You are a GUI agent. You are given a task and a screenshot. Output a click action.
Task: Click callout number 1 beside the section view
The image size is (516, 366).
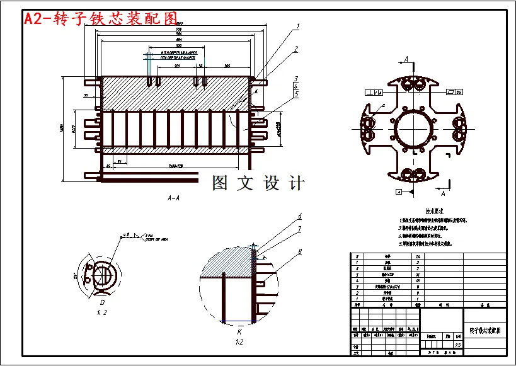[297, 27]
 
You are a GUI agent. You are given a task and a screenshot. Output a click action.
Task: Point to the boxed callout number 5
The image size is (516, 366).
[295, 94]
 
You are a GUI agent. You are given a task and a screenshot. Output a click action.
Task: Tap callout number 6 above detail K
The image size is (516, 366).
[300, 216]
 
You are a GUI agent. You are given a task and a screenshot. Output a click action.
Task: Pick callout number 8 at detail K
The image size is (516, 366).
[300, 251]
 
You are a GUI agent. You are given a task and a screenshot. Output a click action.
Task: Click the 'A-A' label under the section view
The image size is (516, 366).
[173, 197]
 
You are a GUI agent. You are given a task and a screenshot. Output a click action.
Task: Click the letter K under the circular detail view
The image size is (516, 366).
[239, 331]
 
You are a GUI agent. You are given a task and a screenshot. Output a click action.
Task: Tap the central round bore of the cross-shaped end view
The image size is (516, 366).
[414, 127]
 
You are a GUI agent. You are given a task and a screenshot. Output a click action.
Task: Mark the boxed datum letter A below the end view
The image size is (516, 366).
[399, 190]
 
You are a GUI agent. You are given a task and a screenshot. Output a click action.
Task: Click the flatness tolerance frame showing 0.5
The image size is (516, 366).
[454, 92]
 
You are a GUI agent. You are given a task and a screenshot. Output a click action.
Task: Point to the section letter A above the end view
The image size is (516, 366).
[406, 59]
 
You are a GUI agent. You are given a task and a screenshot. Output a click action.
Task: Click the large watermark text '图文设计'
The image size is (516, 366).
[258, 183]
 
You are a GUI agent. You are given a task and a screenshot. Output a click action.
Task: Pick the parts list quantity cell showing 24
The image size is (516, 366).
[418, 257]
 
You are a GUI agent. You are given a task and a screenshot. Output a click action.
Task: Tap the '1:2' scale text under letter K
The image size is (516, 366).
[239, 342]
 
